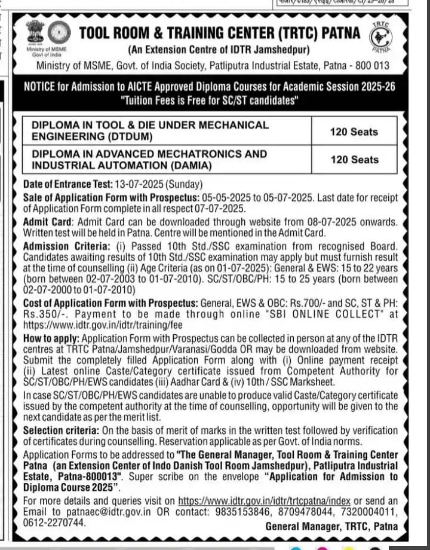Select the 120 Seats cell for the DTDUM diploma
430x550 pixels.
[354, 132]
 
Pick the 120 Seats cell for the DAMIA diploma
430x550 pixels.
[354, 160]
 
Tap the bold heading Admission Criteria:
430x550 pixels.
[66, 246]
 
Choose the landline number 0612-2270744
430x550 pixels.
[53, 522]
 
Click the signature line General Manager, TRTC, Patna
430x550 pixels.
[331, 526]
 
